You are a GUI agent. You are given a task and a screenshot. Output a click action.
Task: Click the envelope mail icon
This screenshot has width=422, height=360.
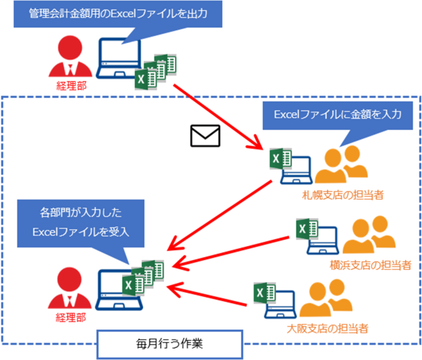click(205, 136)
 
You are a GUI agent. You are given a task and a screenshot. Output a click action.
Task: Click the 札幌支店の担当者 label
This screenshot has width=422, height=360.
click(343, 195)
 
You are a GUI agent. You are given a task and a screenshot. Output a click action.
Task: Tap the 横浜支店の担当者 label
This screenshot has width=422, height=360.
click(370, 265)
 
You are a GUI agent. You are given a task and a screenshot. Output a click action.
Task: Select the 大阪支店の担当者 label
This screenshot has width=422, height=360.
click(327, 328)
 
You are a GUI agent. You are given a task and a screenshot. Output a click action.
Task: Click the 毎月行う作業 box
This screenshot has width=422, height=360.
click(170, 344)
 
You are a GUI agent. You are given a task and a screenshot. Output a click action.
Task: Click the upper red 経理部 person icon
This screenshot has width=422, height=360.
click(70, 56)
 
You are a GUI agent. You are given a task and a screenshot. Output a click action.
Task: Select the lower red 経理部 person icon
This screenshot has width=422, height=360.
click(70, 288)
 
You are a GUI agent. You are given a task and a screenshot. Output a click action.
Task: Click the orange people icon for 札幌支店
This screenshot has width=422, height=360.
click(341, 164)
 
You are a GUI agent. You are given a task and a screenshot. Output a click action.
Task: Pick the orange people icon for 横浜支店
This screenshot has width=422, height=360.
click(369, 235)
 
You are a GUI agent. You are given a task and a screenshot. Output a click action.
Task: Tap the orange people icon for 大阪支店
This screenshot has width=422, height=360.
click(326, 298)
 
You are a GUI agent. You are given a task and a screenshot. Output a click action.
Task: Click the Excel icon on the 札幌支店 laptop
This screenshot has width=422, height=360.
click(281, 158)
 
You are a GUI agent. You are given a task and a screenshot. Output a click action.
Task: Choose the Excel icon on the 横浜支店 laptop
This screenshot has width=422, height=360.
click(307, 229)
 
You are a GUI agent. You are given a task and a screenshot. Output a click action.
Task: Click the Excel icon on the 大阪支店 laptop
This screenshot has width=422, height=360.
click(264, 292)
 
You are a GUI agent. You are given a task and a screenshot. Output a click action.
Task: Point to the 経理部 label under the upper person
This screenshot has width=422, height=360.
click(72, 86)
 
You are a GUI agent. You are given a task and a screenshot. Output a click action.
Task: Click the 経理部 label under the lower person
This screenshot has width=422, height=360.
click(71, 318)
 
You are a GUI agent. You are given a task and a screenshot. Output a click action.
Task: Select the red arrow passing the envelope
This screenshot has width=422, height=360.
click(218, 117)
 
